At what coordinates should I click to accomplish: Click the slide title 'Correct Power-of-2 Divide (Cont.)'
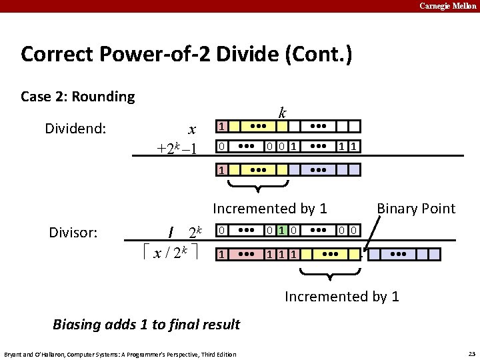coord(186,53)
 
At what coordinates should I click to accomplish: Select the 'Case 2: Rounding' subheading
coord(78,97)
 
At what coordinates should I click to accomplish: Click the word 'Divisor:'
coord(73,233)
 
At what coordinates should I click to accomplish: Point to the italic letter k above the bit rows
coord(283,113)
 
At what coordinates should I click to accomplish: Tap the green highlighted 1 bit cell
coord(282,231)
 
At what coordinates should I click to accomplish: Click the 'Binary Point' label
coord(416,209)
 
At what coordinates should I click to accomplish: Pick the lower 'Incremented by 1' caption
coord(341,296)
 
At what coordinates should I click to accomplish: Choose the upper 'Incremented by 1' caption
coord(269,209)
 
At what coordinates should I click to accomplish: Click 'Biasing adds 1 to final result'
coord(146,325)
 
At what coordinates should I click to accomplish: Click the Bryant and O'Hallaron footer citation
coord(120,354)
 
